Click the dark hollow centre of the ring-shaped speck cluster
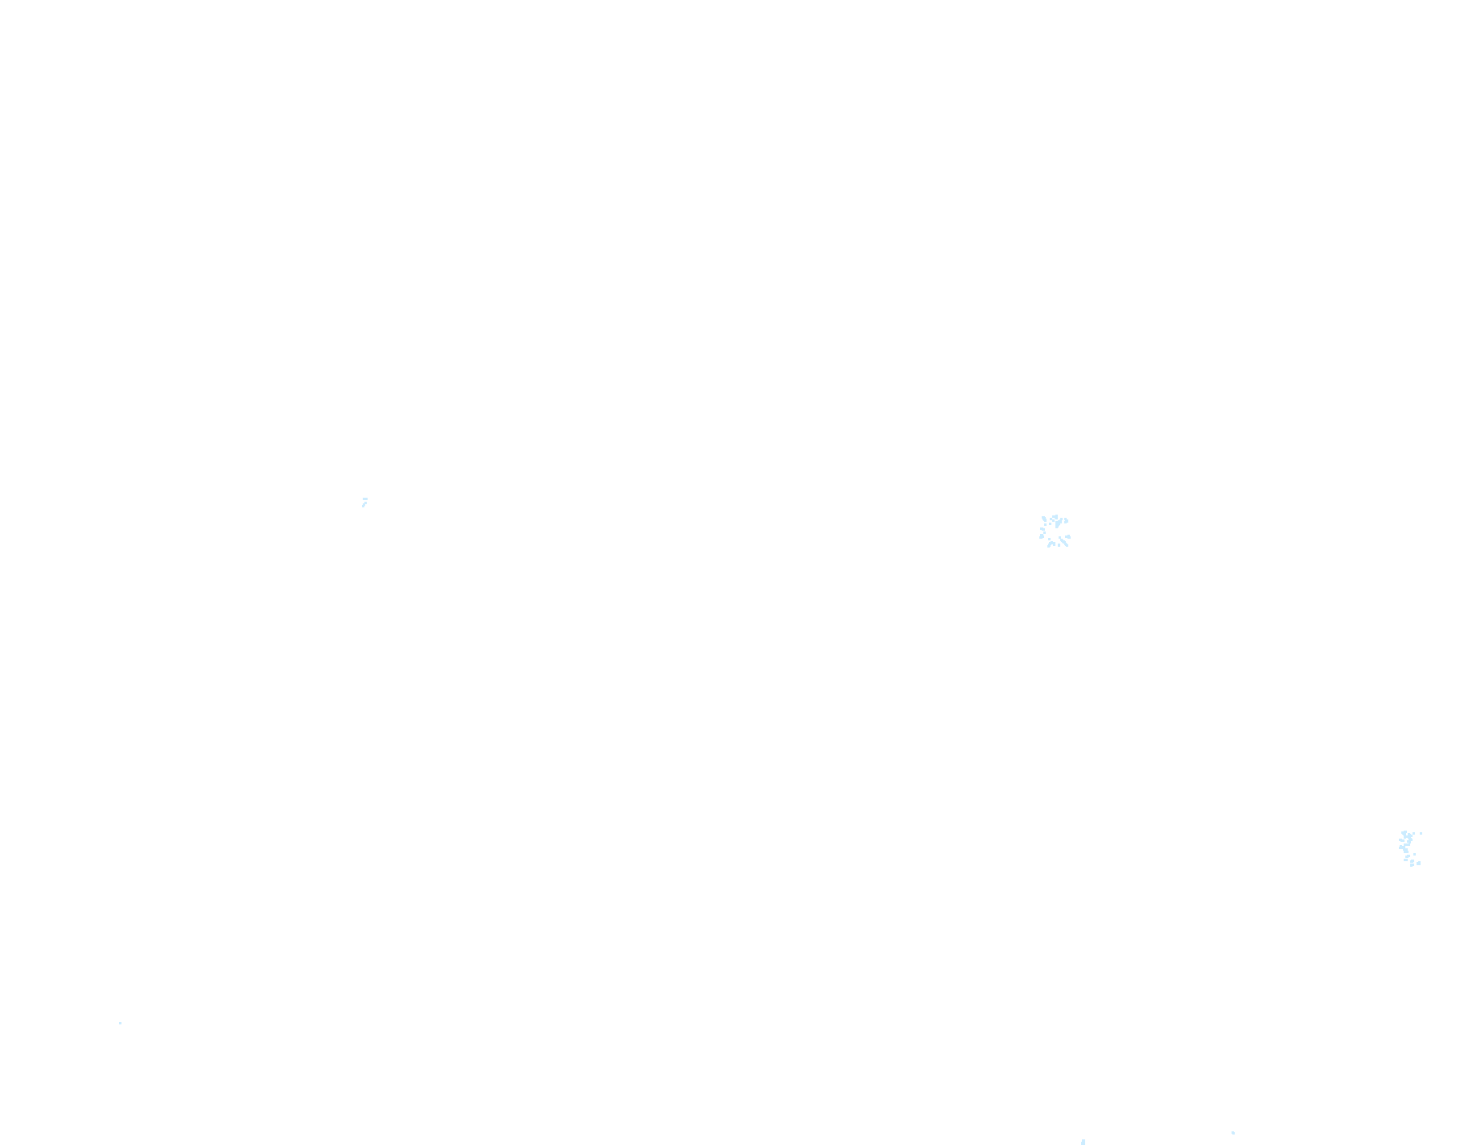(x=1053, y=532)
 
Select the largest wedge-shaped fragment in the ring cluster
(x=1058, y=523)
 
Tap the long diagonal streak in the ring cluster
(x=1063, y=542)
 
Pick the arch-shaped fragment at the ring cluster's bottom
(x=1051, y=544)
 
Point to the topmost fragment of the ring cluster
(x=1055, y=516)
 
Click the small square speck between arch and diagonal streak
(x=1059, y=545)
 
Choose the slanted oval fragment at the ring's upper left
(x=1044, y=519)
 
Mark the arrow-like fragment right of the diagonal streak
(x=1068, y=536)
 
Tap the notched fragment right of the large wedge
(x=1066, y=521)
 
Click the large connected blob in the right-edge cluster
(x=1409, y=839)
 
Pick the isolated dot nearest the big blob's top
(x=1413, y=833)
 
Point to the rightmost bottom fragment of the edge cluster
(x=1418, y=864)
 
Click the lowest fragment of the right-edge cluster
(x=1412, y=865)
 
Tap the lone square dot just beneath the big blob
(x=1414, y=854)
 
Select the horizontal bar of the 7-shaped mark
(x=365, y=499)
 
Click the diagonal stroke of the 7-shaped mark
(x=364, y=504)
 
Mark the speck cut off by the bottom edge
(x=1083, y=1142)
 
